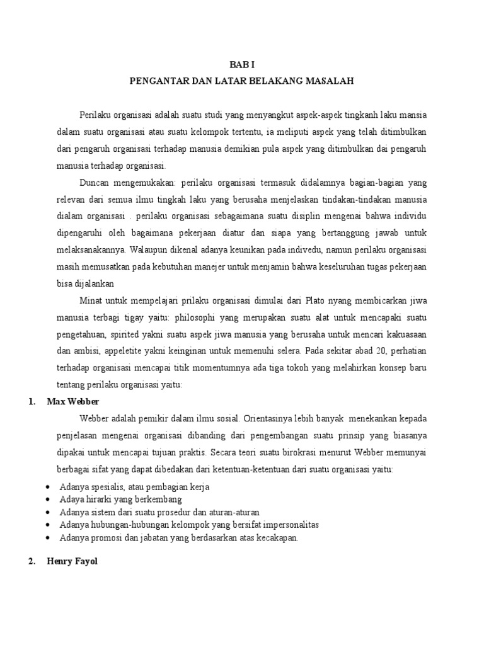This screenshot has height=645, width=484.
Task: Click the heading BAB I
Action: [242, 64]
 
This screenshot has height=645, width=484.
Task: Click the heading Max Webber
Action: [73, 402]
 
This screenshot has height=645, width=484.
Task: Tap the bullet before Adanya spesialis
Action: [50, 488]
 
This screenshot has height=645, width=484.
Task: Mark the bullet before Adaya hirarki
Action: [50, 500]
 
